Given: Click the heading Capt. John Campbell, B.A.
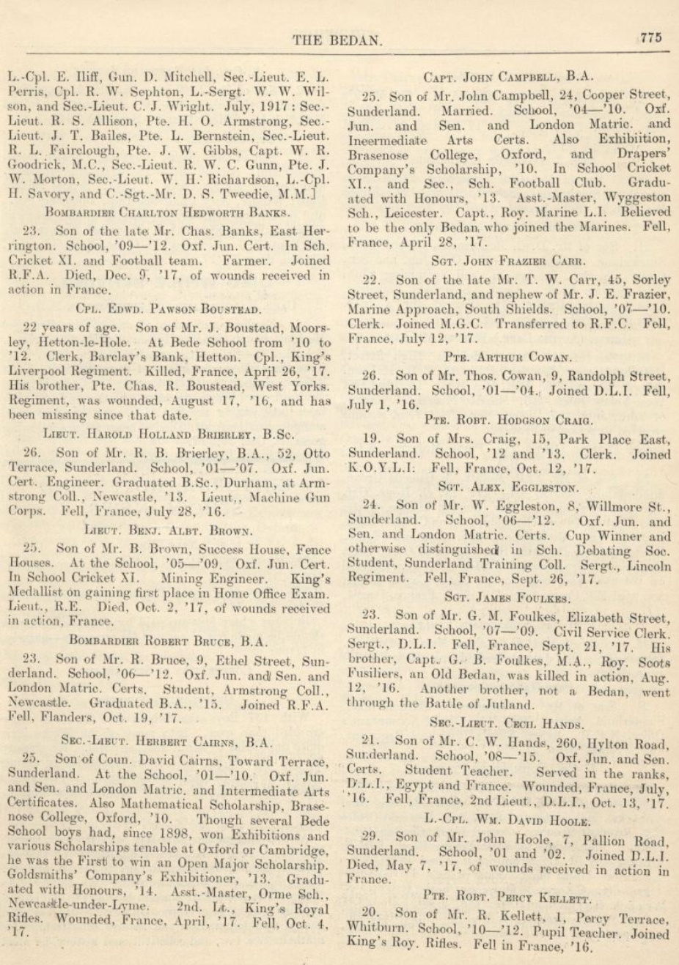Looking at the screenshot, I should [509, 76].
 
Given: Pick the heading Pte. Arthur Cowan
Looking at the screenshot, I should [509, 357].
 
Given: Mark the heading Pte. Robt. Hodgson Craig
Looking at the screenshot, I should [509, 421].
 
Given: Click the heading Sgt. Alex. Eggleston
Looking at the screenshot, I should [509, 486].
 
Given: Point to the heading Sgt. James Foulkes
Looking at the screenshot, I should [509, 598].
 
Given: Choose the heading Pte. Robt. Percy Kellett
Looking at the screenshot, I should [509, 895].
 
